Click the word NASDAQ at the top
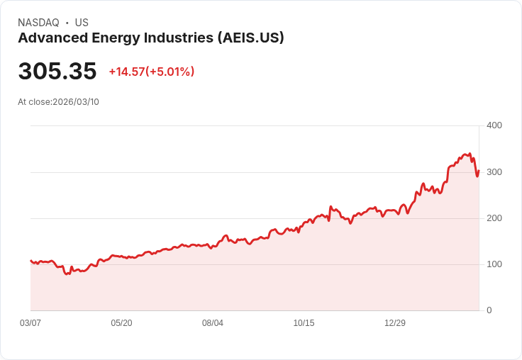[38, 23]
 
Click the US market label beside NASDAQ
[82, 23]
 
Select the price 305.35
[57, 72]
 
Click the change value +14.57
[126, 72]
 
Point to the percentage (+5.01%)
[170, 72]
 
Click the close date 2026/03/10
[76, 102]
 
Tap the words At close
[34, 102]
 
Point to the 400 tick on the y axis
[494, 125]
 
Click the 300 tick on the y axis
[494, 172]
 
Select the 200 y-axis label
[494, 218]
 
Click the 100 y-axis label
[494, 264]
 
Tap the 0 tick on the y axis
[489, 310]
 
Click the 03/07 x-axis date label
[30, 323]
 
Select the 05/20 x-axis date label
[121, 323]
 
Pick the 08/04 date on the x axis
[213, 323]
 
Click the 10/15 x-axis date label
[304, 323]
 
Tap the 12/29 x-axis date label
[395, 323]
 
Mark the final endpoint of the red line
[479, 171]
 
